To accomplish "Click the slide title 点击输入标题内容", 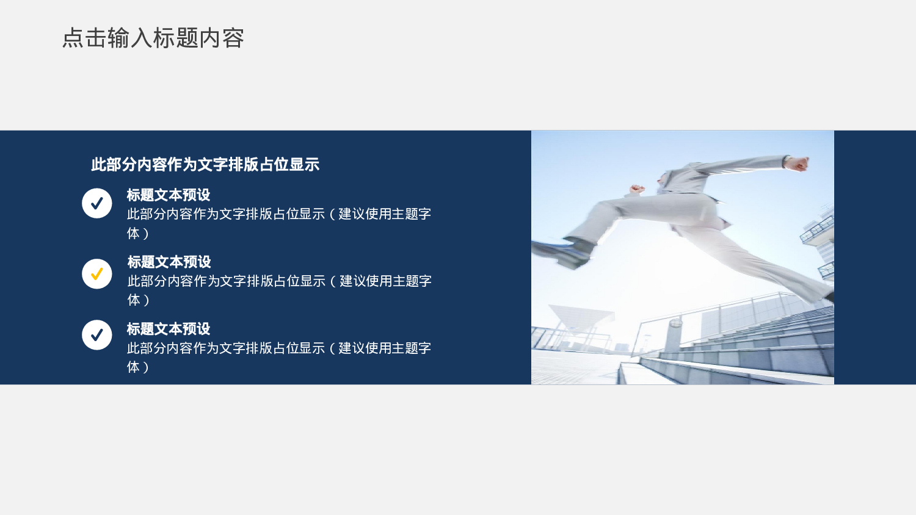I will coord(153,38).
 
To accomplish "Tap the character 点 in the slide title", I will coord(73,38).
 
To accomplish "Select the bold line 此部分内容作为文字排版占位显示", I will coord(205,165).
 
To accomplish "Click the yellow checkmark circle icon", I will coord(97,274).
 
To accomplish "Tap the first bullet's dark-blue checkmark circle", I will coord(97,203).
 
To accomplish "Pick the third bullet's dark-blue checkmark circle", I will coord(97,335).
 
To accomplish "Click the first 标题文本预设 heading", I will coord(169,195).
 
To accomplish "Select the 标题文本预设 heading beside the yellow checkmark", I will coord(169,262).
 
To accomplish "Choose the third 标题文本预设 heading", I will coord(169,330).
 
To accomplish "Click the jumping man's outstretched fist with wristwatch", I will coord(797,163).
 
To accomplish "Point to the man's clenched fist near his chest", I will coord(637,189).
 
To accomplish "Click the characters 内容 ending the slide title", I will coord(222,38).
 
